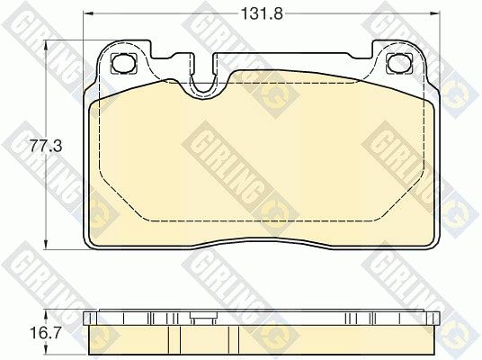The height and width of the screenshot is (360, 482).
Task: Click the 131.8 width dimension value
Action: [x=262, y=13]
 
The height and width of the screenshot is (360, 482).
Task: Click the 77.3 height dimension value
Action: [x=46, y=146]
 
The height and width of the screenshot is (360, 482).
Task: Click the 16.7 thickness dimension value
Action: [x=46, y=333]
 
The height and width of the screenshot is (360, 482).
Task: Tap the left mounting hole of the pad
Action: [x=123, y=63]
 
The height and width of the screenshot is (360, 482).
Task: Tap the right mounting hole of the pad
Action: [x=399, y=63]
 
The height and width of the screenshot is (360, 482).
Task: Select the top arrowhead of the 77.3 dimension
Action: [x=46, y=45]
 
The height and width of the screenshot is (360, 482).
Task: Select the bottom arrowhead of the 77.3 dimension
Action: [x=46, y=244]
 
